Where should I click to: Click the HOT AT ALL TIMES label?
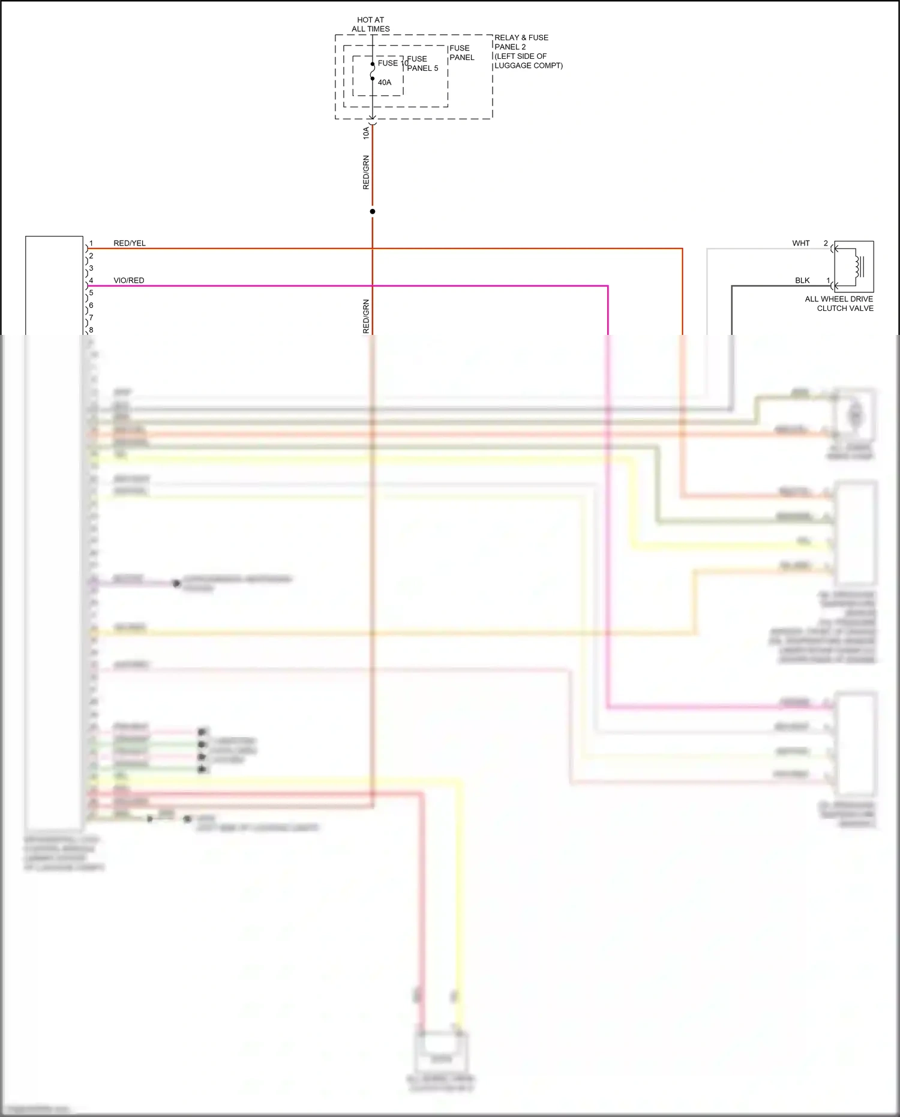(x=371, y=24)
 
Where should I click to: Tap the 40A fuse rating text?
(x=385, y=82)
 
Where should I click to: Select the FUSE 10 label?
(x=393, y=63)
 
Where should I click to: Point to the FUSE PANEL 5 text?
(x=422, y=64)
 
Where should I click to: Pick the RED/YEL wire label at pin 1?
(x=130, y=243)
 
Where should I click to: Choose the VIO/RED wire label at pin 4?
(x=129, y=280)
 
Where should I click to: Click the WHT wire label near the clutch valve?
(x=801, y=243)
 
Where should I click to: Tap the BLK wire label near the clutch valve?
(x=802, y=280)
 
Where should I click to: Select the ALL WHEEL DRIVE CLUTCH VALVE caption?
(x=839, y=304)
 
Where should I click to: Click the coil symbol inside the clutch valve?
(x=859, y=266)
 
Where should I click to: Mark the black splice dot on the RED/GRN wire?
(x=373, y=211)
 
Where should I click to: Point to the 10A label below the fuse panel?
(x=366, y=133)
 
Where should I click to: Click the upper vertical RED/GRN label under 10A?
(x=366, y=173)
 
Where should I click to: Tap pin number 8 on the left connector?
(x=91, y=330)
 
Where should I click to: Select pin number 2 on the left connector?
(x=91, y=256)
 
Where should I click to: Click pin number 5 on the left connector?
(x=91, y=293)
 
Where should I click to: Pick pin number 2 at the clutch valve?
(x=826, y=243)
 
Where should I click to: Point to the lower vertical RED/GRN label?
(x=366, y=316)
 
